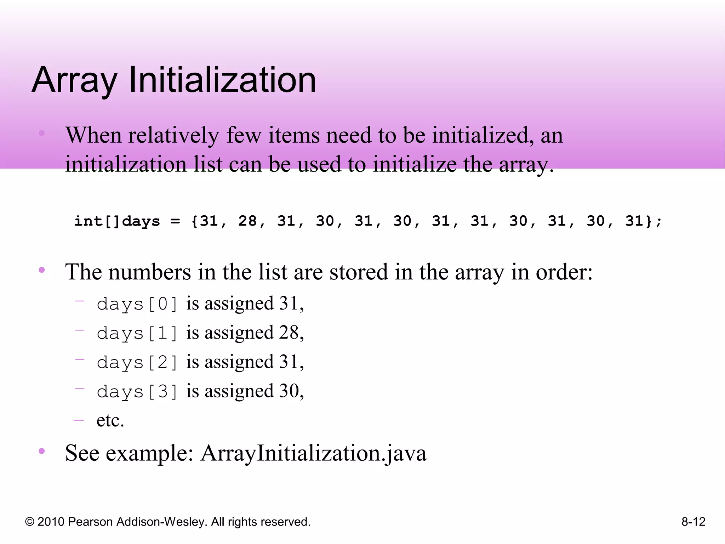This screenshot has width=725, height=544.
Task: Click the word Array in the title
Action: click(x=74, y=81)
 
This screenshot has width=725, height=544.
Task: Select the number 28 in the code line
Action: click(x=247, y=221)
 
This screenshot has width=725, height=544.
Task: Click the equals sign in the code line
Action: click(x=175, y=222)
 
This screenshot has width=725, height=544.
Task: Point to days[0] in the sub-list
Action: click(x=137, y=304)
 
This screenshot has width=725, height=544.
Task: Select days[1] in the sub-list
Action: click(x=137, y=333)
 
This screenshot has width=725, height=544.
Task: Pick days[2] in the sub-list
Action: click(x=137, y=362)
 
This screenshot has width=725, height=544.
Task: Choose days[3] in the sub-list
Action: click(x=137, y=392)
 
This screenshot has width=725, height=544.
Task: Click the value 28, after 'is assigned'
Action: click(x=291, y=333)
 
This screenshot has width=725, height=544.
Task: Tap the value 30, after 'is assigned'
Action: click(x=291, y=391)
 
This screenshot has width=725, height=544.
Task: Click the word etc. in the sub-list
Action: click(x=110, y=421)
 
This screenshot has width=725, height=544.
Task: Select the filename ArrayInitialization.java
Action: click(x=313, y=453)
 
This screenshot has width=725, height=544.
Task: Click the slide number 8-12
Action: click(x=693, y=522)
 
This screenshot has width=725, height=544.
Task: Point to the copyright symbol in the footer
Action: click(x=30, y=522)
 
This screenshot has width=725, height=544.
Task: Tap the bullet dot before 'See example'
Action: click(x=42, y=451)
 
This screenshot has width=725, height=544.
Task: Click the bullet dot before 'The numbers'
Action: click(x=42, y=270)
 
